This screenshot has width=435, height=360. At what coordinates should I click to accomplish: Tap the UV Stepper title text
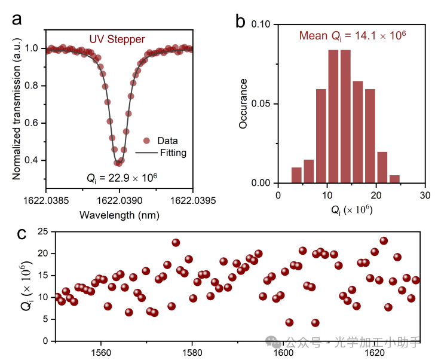117,39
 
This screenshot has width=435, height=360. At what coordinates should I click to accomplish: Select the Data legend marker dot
146,141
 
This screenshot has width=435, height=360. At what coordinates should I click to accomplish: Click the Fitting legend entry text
173,152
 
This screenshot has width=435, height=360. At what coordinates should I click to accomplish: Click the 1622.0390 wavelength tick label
119,196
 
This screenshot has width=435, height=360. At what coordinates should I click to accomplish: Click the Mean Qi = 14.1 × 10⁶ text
353,36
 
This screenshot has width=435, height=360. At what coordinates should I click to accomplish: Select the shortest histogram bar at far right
394,179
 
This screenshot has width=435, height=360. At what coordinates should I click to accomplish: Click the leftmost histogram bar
296,175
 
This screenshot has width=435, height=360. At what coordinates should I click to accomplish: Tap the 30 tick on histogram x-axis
425,195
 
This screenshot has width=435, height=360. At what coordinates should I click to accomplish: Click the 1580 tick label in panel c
192,352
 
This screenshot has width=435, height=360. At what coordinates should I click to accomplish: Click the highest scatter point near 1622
384,241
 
